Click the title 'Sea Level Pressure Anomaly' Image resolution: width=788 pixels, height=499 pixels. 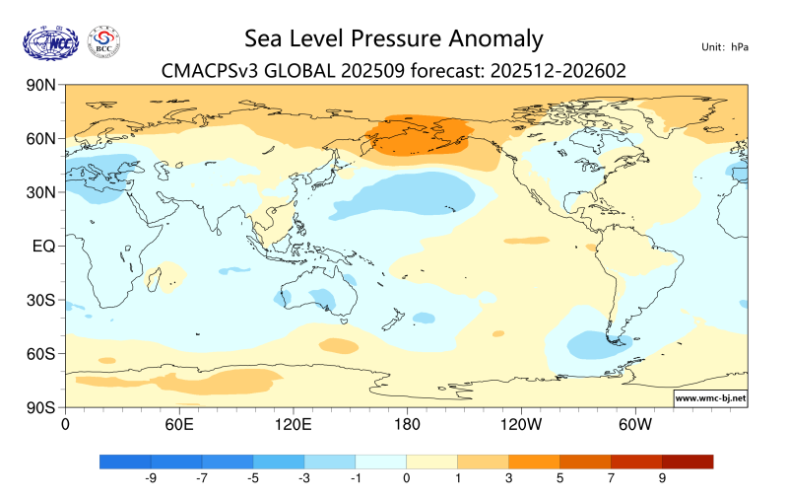coord(393,38)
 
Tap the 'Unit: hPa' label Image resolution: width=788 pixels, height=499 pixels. coord(724,46)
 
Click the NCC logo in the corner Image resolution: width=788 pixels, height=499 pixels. coord(49,41)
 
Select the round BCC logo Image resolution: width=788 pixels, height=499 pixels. coord(104,41)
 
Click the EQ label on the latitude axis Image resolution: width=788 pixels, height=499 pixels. coord(42,246)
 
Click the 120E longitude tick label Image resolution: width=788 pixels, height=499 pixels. coord(293,425)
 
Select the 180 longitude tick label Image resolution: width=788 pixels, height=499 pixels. coord(406,425)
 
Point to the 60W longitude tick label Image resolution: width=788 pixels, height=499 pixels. coord(634,425)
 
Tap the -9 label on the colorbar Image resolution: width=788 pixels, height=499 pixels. coord(152,478)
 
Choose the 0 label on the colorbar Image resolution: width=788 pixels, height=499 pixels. coord(406,478)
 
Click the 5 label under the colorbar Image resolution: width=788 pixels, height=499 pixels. coord(559,478)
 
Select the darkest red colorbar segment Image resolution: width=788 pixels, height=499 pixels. coord(687,461)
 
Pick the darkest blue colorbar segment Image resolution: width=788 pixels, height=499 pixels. coord(125,461)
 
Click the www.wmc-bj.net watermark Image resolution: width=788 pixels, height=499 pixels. coord(709,398)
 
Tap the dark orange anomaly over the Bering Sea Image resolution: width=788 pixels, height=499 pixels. coord(419,136)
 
